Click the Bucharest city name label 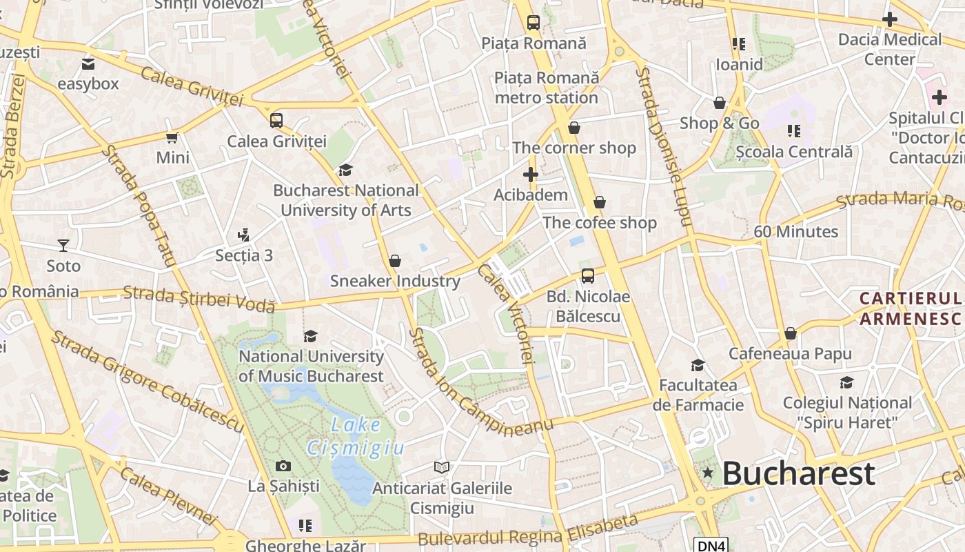click(798, 473)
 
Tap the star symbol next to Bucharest click(707, 473)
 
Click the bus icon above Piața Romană click(534, 22)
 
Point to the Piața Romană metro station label click(547, 88)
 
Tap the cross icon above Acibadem click(530, 175)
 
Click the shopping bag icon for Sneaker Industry click(395, 261)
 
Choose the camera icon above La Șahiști click(283, 466)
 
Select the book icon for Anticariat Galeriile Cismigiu click(442, 467)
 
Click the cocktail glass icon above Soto click(63, 245)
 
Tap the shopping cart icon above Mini click(172, 137)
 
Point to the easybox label click(88, 84)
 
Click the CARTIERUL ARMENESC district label click(910, 308)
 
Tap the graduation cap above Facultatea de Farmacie click(698, 365)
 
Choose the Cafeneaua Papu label click(791, 354)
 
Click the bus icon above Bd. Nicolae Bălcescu click(588, 276)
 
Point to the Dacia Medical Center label click(889, 49)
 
